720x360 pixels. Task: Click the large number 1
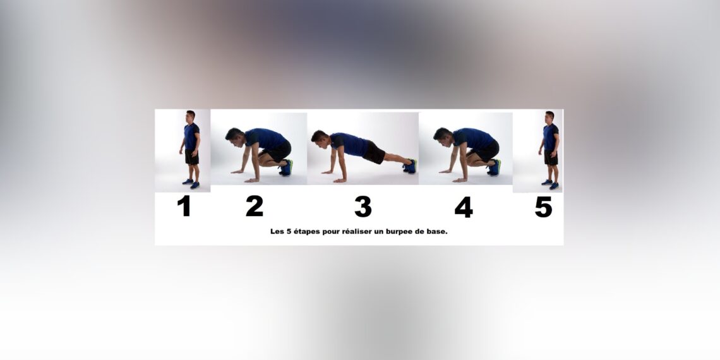click(184, 207)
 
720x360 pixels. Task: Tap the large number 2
click(255, 207)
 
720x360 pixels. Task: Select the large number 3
click(363, 207)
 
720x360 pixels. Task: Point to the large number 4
click(463, 207)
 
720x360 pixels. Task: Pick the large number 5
click(543, 207)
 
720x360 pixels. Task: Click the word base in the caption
click(436, 232)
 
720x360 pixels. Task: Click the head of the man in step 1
click(190, 116)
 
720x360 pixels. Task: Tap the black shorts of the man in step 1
click(191, 157)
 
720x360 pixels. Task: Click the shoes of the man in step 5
click(550, 184)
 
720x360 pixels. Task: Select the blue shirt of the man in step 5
click(550, 137)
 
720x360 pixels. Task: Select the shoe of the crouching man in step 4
click(494, 168)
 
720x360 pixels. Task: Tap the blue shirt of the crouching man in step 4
click(474, 139)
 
